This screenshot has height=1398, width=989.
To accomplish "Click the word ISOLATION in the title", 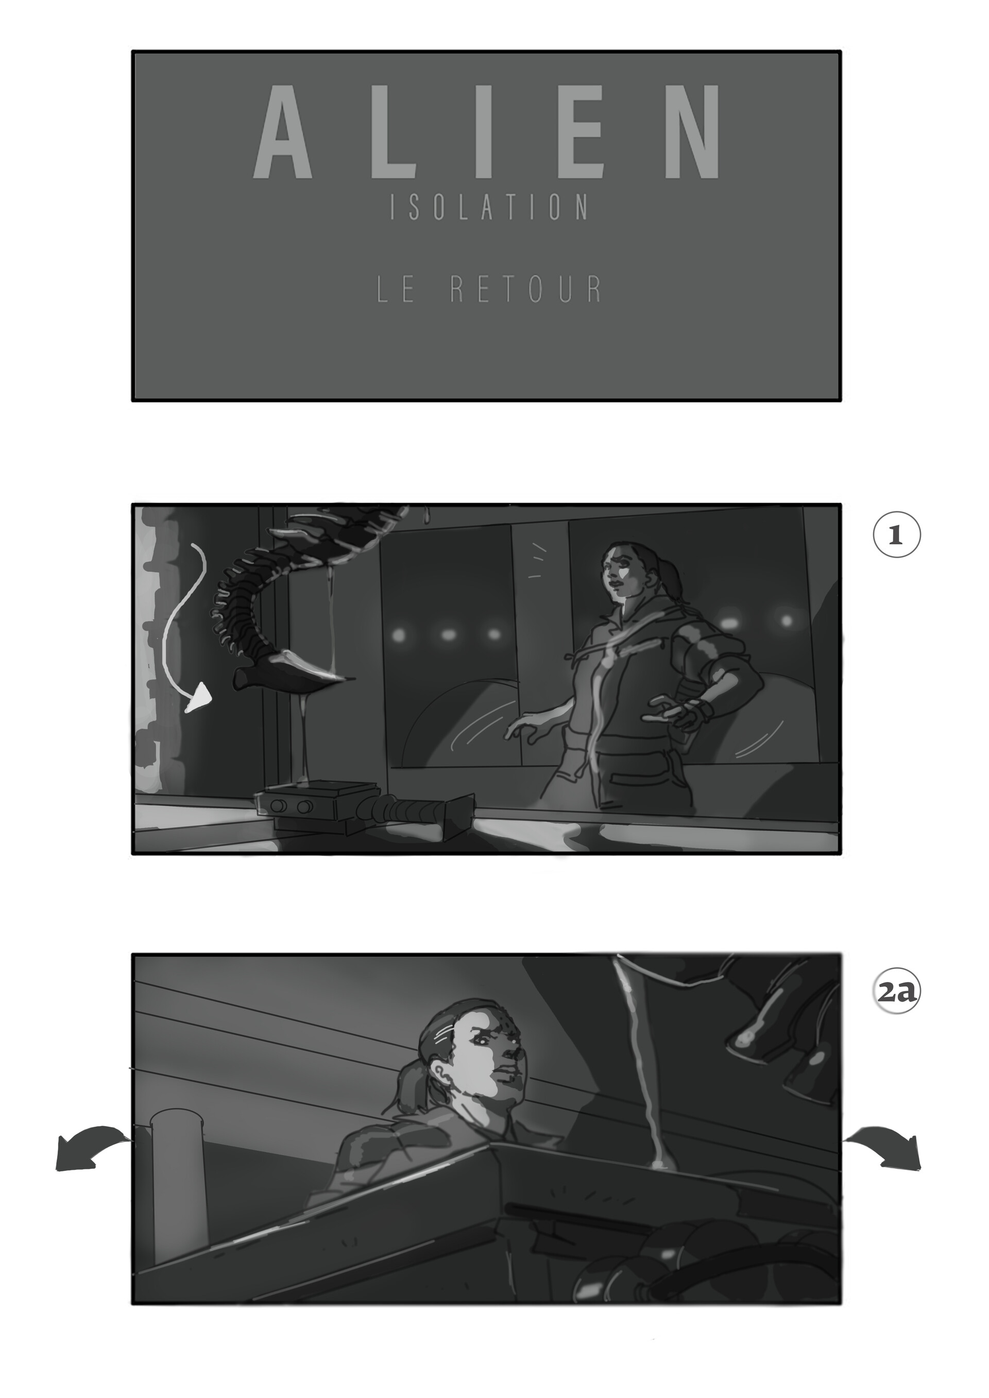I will point(489,208).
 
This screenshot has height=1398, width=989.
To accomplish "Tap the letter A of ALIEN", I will point(282,133).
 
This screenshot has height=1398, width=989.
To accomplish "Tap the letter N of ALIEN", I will point(692,133).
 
